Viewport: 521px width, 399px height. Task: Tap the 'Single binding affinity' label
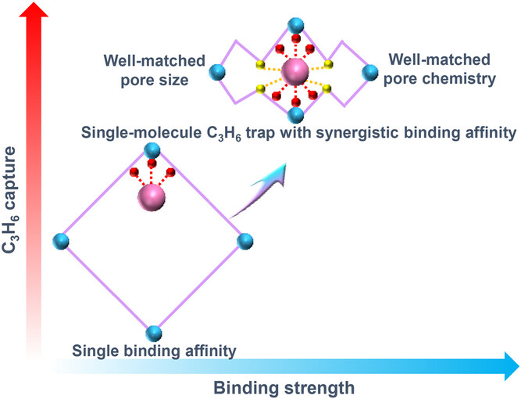click(153, 349)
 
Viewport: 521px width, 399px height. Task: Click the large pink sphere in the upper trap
click(294, 74)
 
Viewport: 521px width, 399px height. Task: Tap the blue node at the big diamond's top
click(153, 151)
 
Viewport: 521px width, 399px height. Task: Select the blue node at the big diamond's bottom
click(153, 330)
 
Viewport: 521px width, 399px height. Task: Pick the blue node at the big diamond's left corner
click(62, 240)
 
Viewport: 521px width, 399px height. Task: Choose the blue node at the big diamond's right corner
click(243, 240)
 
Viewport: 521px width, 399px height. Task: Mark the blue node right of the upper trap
click(369, 74)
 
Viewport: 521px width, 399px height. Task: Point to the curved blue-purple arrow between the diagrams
click(268, 181)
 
